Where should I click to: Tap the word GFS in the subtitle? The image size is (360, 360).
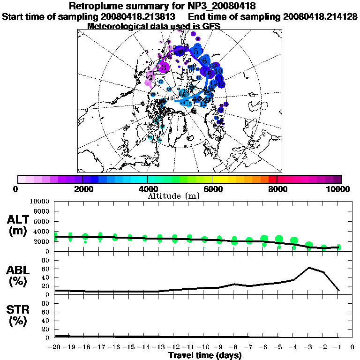pos(211,26)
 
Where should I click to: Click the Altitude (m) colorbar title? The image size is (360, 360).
pos(173,196)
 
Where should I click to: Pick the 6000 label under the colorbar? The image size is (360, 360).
pos(212,189)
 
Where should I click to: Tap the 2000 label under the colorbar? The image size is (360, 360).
pos(82,189)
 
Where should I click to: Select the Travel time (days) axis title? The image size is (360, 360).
pos(205,356)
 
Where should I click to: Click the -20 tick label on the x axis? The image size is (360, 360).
pos(55,347)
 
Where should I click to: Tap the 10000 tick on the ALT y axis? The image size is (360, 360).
pos(39,201)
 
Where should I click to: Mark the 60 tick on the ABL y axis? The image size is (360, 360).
pos(45,269)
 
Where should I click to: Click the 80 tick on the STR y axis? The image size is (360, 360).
pos(45,303)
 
